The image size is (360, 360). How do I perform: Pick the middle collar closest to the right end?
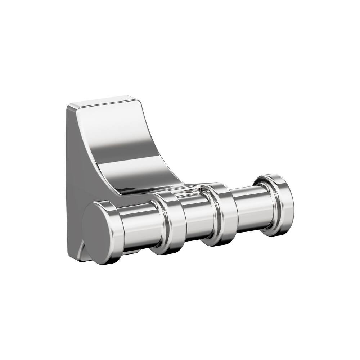[x=223, y=214]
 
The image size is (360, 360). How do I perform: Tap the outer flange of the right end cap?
[x=284, y=205]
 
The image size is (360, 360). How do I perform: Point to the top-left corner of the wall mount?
[x=68, y=105]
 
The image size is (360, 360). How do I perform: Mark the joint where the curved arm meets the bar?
[x=184, y=189]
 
